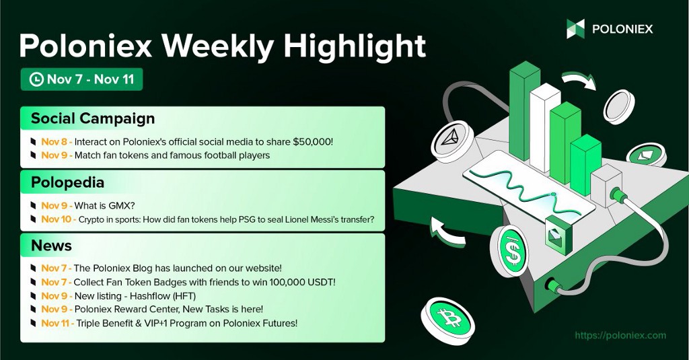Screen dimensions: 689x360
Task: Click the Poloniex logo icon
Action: coord(575,29)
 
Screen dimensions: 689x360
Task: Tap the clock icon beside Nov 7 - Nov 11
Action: coord(36,79)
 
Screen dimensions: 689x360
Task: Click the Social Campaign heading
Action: coord(93,118)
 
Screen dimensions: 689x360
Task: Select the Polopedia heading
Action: coord(68,182)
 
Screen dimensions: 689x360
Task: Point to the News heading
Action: coord(51,246)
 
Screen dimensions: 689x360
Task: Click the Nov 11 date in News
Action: coord(55,323)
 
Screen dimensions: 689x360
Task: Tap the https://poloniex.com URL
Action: coord(620,335)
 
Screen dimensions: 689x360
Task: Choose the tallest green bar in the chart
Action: coord(525,110)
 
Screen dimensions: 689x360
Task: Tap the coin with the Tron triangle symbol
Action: coord(451,141)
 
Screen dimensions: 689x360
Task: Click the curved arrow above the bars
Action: coord(579,79)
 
